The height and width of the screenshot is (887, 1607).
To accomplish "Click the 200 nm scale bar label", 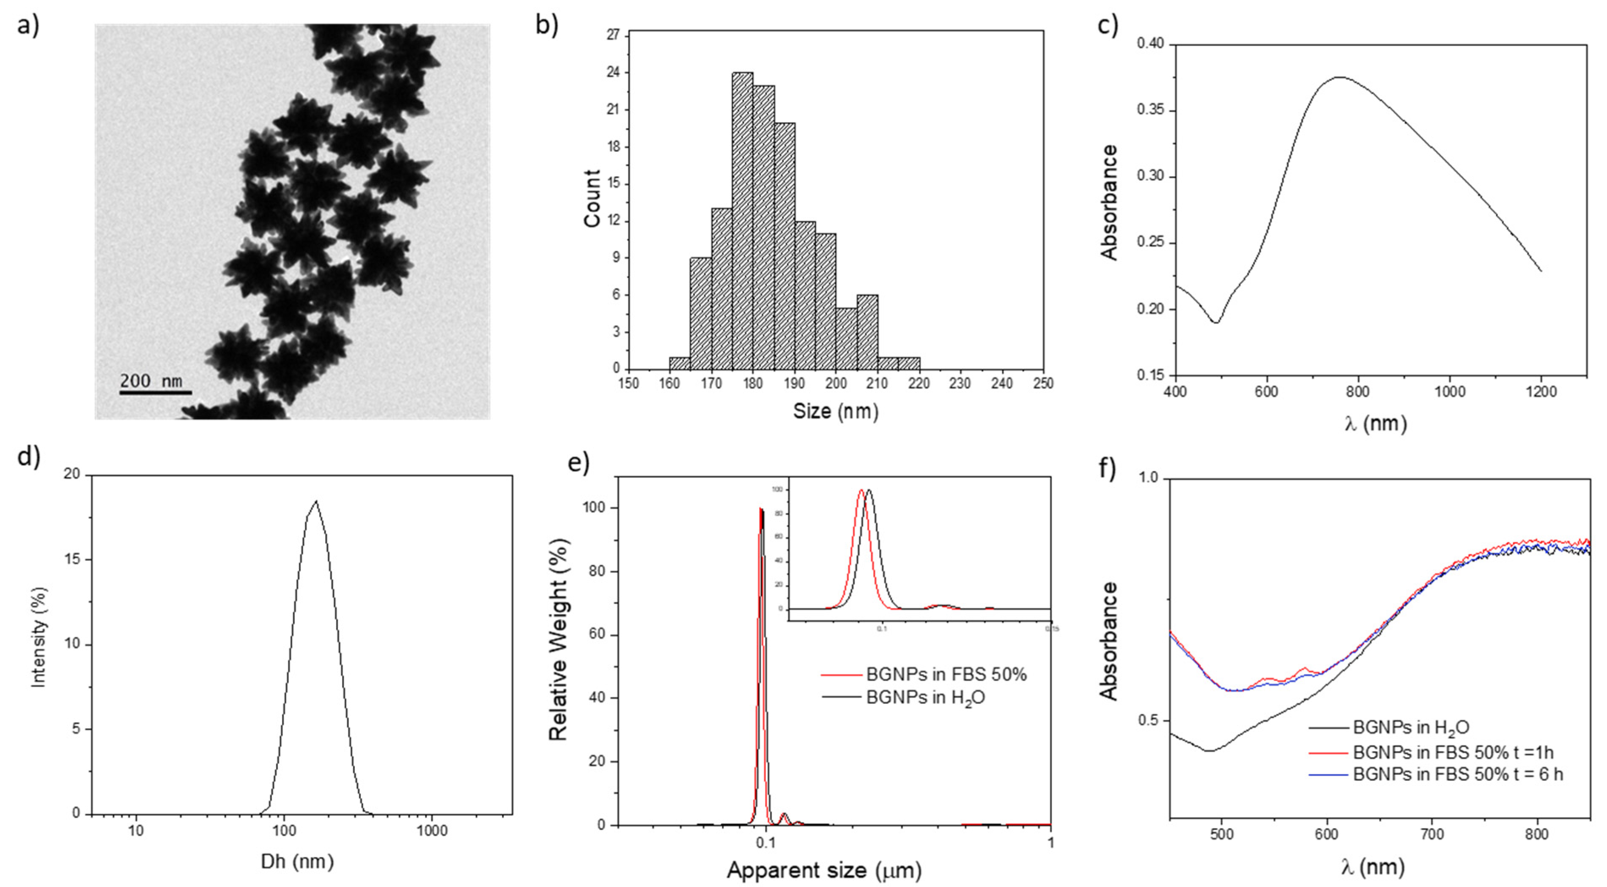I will [x=151, y=381].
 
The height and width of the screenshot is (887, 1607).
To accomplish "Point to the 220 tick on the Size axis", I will [x=919, y=383].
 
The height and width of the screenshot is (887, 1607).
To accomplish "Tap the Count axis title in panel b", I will [x=591, y=198].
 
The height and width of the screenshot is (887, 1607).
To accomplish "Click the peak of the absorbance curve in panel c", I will [x=1339, y=77].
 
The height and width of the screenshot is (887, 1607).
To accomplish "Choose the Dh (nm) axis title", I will [x=297, y=862].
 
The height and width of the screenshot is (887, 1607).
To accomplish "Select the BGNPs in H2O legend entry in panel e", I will [x=925, y=697].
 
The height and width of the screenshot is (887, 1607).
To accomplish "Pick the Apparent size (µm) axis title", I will [x=823, y=870].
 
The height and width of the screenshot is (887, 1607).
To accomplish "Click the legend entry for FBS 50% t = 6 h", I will [x=1458, y=774].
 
